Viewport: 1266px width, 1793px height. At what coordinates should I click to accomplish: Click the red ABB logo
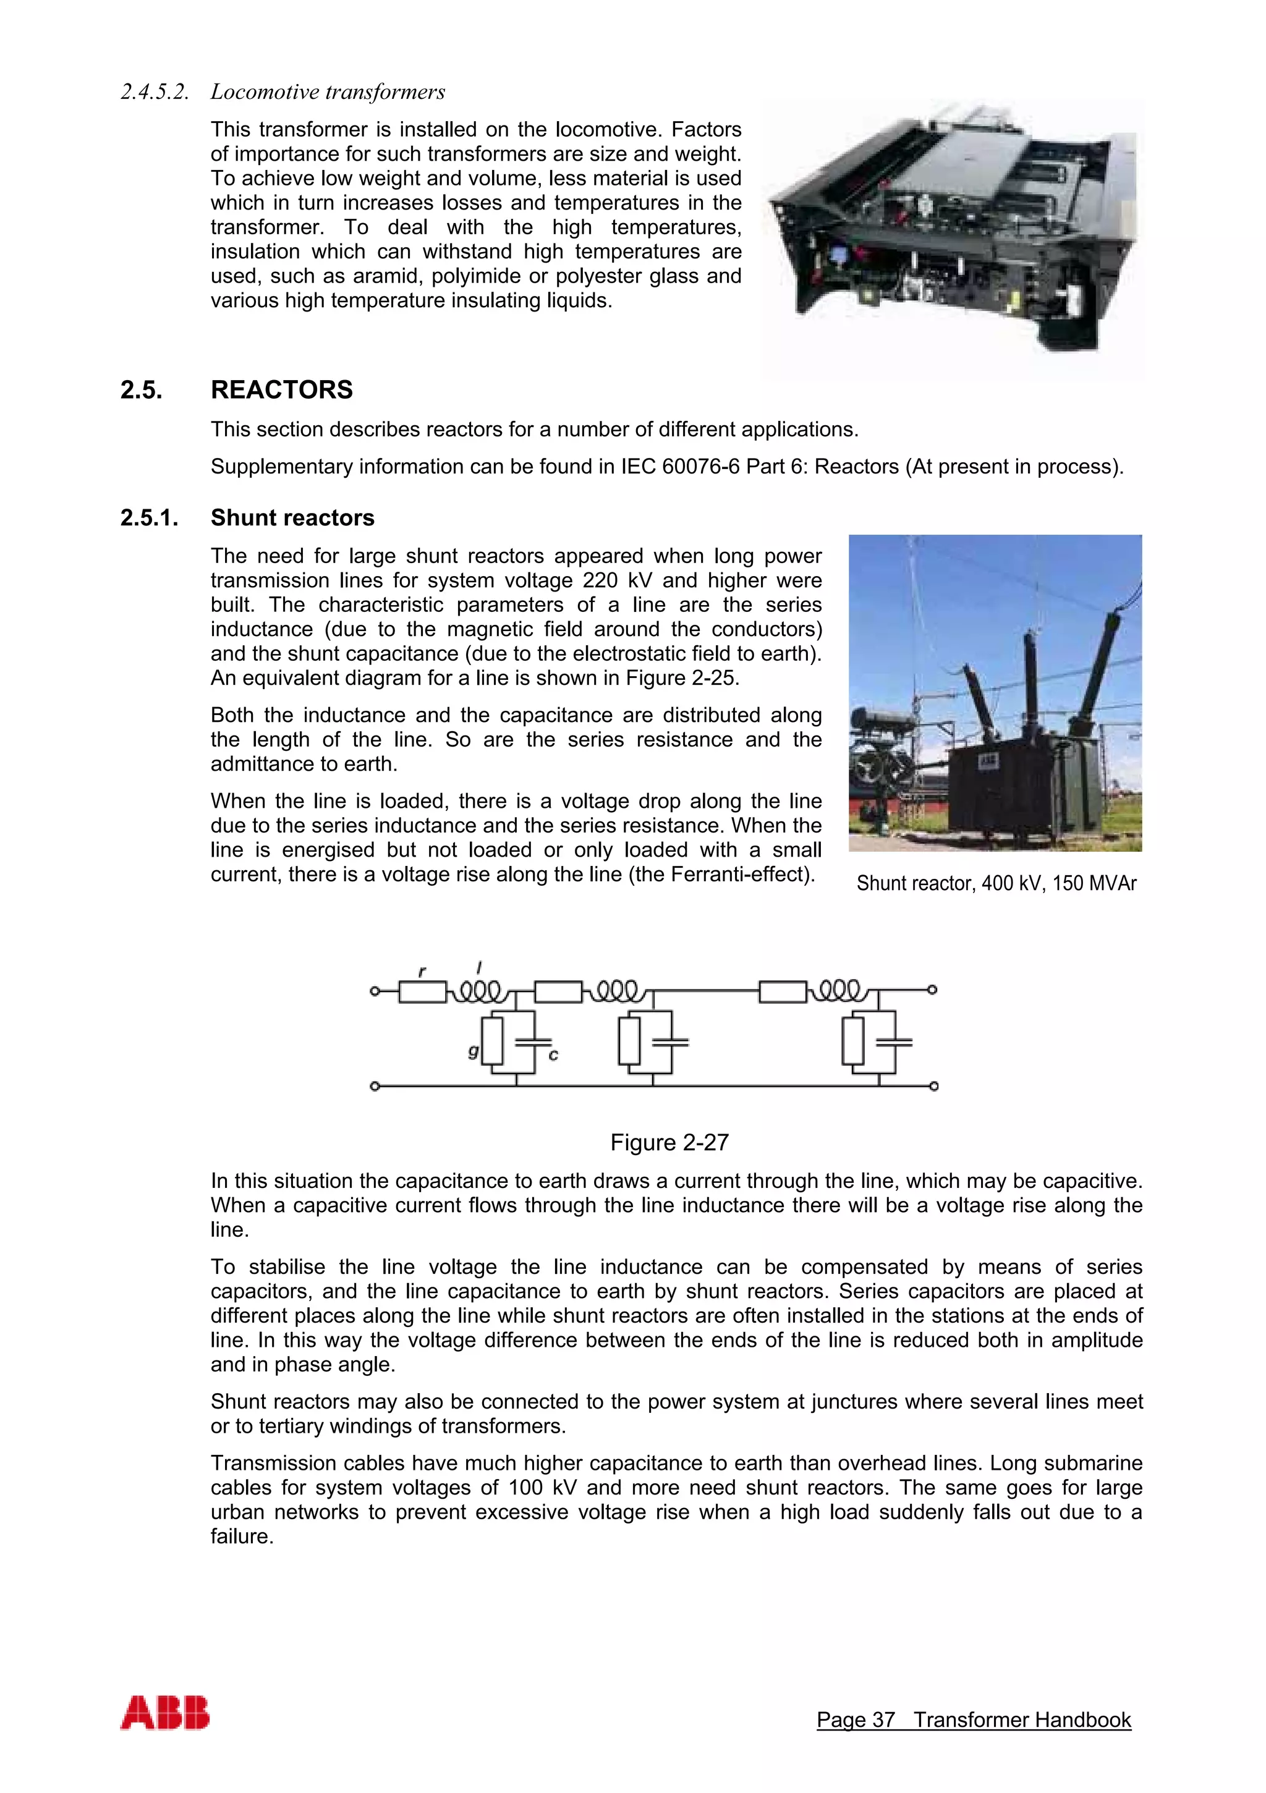[165, 1713]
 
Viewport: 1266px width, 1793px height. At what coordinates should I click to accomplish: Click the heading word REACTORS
[281, 389]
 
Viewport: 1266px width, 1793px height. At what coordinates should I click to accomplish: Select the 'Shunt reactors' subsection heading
[292, 518]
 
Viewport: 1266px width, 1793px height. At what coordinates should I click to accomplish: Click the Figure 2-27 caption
[669, 1143]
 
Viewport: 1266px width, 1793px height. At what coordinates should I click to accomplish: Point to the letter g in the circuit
[472, 1051]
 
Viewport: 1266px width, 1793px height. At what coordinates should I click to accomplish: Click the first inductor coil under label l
[480, 992]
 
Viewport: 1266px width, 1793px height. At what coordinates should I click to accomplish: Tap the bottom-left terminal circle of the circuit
[375, 1087]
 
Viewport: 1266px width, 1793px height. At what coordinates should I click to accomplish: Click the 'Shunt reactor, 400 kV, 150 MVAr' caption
[996, 883]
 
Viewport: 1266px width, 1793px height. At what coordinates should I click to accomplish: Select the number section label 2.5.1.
[149, 518]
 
